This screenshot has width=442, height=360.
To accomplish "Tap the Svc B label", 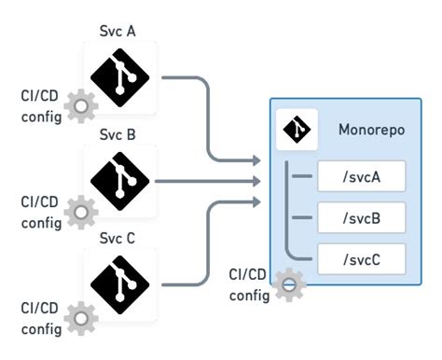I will click(118, 134).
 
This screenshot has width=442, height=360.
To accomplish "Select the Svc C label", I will click(118, 239).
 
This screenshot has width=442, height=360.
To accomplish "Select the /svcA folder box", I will click(362, 176).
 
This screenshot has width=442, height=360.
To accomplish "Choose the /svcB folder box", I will click(362, 217).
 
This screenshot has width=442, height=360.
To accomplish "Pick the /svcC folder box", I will click(362, 258).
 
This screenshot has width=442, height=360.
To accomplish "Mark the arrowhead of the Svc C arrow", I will click(260, 201).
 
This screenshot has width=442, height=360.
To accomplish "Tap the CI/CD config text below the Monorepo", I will click(249, 284).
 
